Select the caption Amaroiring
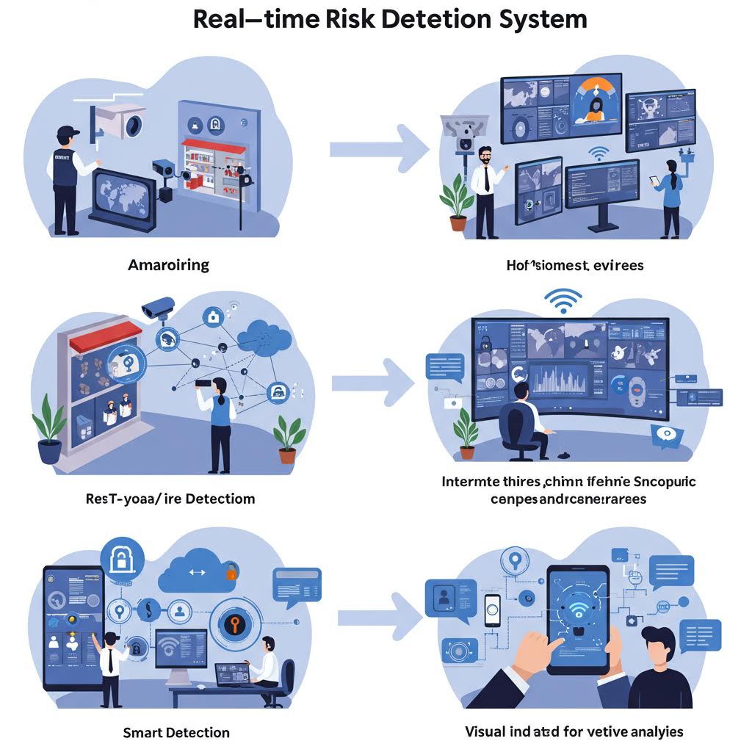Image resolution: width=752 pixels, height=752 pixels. pyautogui.click(x=168, y=264)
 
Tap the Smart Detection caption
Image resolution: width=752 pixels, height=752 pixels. pyautogui.click(x=176, y=732)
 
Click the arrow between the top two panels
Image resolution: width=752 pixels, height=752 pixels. pyautogui.click(x=378, y=150)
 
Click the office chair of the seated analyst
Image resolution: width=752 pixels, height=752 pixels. pyautogui.click(x=520, y=433)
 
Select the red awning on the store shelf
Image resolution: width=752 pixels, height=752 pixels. pyautogui.click(x=104, y=336)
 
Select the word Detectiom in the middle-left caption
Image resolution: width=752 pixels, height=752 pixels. pyautogui.click(x=220, y=499)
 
